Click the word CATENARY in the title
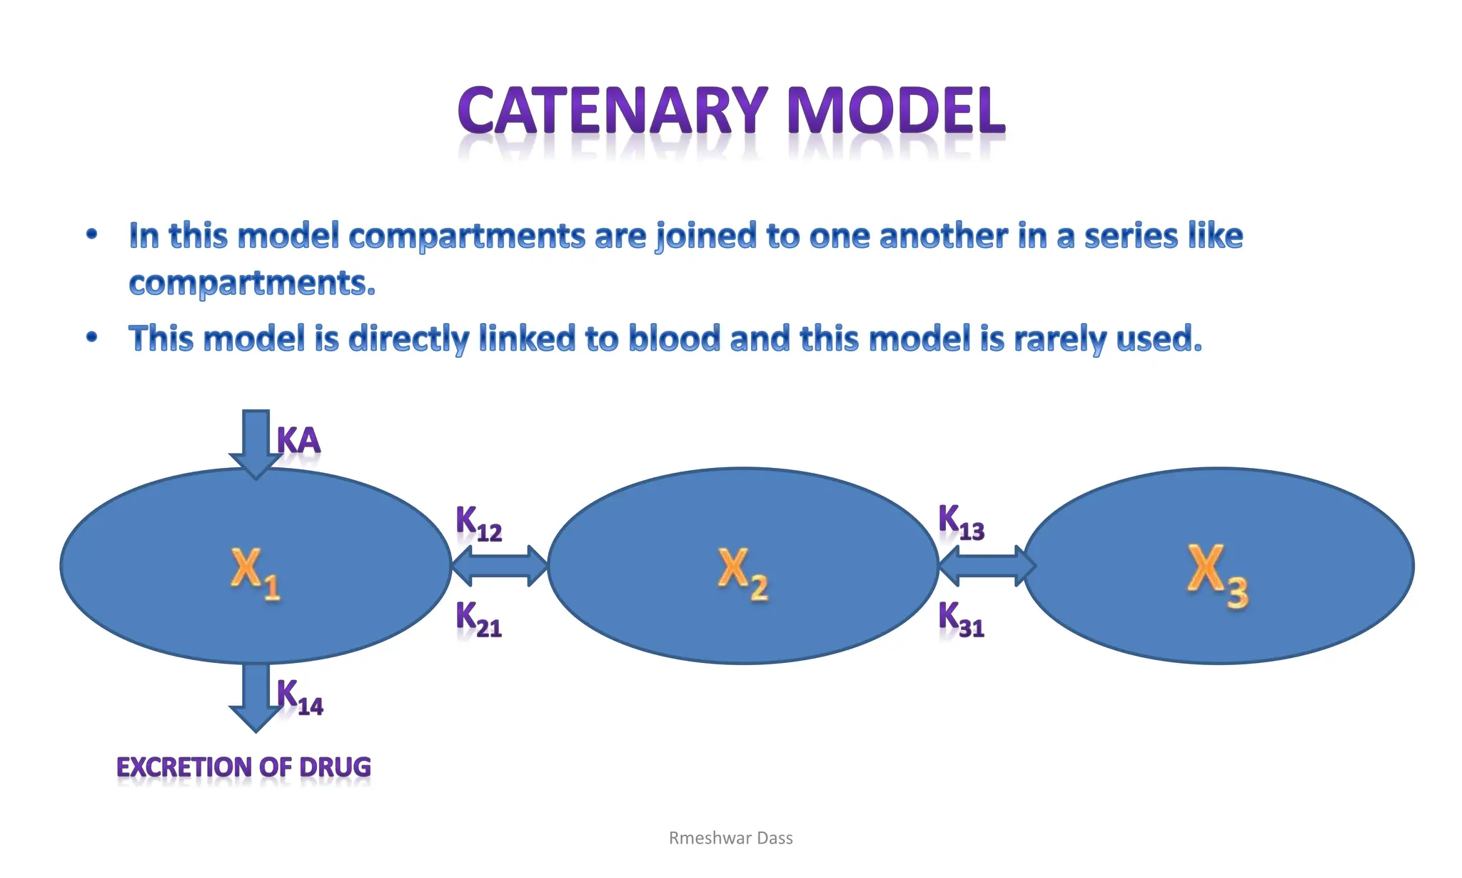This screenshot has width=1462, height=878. (x=612, y=111)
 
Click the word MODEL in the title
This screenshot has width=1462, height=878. (x=895, y=111)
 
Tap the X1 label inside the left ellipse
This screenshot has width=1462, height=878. (x=255, y=573)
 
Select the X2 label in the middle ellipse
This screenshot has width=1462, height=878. (x=742, y=573)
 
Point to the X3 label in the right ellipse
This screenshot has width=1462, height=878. (x=1217, y=574)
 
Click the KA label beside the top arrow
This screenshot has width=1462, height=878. (x=298, y=440)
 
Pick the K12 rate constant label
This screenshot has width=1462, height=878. (x=478, y=524)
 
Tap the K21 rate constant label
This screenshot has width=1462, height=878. (x=478, y=619)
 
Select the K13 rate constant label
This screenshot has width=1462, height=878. (x=961, y=522)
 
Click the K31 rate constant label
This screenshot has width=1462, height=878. (x=961, y=619)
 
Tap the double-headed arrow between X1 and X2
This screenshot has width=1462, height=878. (x=500, y=566)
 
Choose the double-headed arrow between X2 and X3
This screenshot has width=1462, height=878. (x=987, y=566)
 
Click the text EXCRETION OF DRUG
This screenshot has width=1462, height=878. (x=243, y=767)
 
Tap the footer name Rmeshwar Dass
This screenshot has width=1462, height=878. (x=730, y=838)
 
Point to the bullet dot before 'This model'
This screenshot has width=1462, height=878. (x=91, y=337)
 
